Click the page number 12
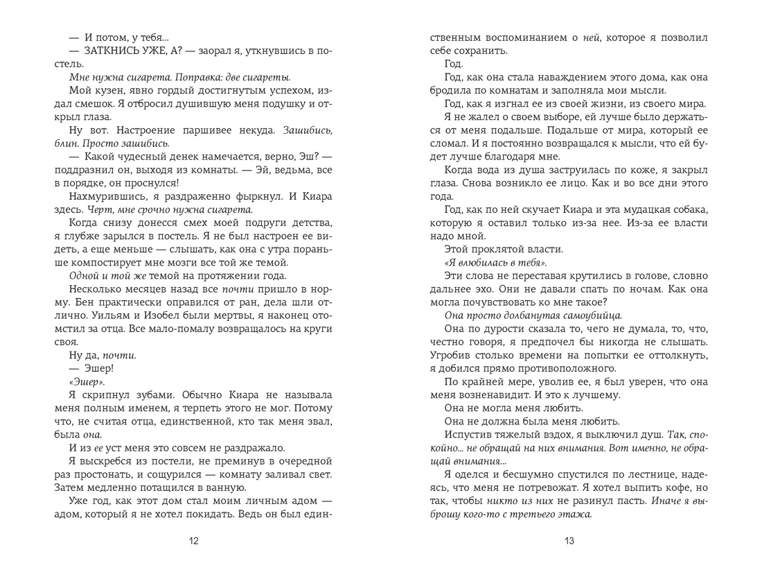pyautogui.click(x=193, y=541)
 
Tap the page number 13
pyautogui.click(x=569, y=541)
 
